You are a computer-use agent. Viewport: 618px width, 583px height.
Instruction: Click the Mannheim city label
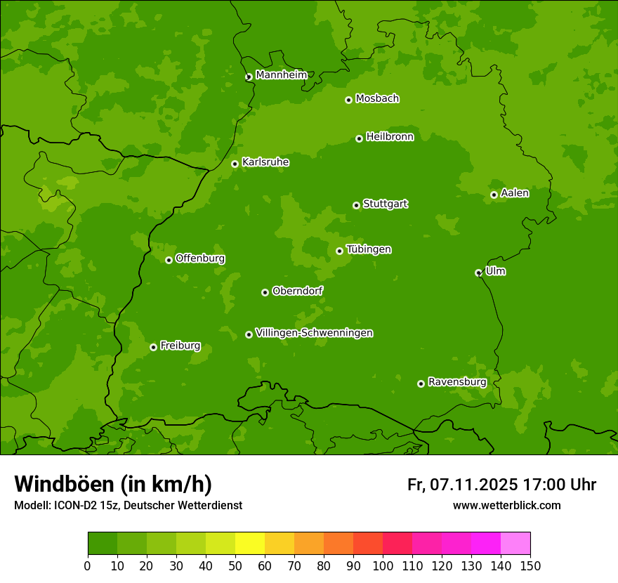(281, 75)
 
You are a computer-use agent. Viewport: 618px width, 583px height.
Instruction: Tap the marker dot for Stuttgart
(356, 205)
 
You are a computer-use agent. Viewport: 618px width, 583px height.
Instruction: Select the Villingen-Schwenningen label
(315, 333)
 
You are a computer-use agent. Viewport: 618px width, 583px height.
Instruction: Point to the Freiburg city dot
(153, 347)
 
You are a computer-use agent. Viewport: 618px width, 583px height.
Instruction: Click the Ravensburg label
(457, 382)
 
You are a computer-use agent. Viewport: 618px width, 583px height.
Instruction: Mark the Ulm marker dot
(478, 273)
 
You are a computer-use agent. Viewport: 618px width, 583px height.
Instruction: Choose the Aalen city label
(515, 193)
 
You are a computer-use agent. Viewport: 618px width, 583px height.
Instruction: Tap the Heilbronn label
(390, 137)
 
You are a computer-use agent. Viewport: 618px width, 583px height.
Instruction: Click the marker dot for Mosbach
(348, 100)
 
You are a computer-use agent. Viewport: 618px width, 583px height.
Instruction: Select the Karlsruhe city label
(265, 162)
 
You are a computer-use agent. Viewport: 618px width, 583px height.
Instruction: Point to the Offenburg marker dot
(169, 260)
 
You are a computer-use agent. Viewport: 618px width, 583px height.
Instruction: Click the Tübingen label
(369, 249)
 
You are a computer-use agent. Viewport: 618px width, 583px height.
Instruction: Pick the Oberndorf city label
(298, 291)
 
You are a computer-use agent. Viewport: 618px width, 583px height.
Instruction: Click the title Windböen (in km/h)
(113, 484)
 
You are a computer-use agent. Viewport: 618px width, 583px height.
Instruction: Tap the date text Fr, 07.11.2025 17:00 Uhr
(501, 485)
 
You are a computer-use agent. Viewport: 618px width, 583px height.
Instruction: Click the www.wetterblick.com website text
(506, 505)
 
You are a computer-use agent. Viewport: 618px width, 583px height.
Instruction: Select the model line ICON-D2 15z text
(128, 505)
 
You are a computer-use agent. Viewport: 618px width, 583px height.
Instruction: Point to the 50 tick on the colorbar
(235, 565)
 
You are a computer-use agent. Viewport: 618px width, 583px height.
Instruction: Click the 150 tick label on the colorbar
(530, 565)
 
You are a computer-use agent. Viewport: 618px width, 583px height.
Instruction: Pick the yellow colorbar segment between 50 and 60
(250, 544)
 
